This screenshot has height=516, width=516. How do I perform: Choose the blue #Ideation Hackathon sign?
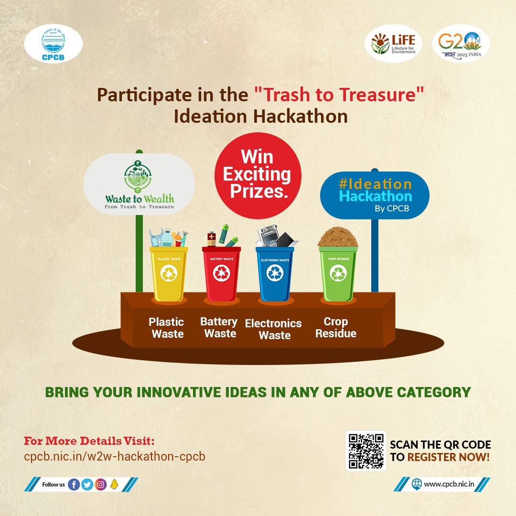375,195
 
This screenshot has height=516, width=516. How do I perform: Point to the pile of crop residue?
338,236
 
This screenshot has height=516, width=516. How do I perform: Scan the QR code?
366,451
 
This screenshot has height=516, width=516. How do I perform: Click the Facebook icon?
74,484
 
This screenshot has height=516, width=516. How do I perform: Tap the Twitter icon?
87,484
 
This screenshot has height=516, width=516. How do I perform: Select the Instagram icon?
101,484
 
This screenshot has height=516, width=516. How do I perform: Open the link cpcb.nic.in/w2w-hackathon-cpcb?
115,456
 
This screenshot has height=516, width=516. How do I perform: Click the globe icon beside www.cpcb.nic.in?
417,484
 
